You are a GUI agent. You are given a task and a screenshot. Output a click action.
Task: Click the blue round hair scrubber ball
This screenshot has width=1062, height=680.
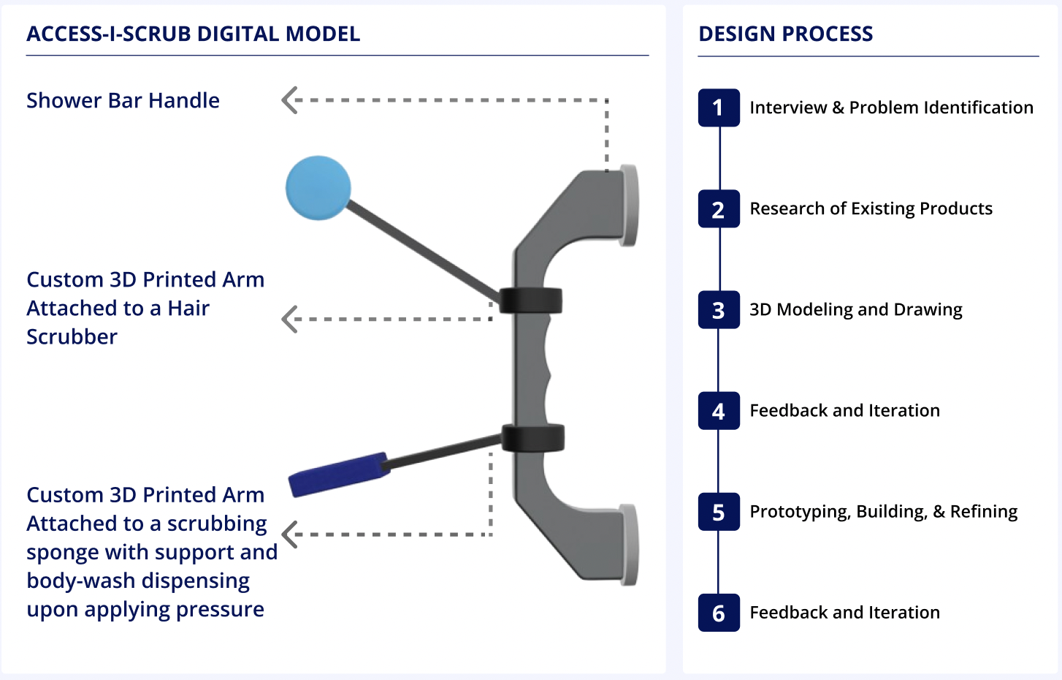(318, 187)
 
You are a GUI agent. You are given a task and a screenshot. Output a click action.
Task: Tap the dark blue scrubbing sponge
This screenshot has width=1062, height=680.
(339, 474)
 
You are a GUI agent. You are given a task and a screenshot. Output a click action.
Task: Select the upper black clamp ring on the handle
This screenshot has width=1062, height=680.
(531, 301)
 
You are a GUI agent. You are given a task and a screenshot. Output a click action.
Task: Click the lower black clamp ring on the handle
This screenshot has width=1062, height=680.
(533, 437)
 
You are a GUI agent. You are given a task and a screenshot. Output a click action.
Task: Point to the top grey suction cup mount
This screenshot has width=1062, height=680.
(629, 205)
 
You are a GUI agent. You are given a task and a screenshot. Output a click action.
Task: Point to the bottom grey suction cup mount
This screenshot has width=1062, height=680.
(629, 545)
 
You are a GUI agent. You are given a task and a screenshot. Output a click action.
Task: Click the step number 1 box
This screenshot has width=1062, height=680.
(719, 108)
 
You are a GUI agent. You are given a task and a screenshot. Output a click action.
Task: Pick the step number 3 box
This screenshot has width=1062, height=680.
(719, 310)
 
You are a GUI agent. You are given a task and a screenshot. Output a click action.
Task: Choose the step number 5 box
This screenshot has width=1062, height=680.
(719, 512)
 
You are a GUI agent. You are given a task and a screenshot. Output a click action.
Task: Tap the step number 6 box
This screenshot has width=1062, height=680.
(719, 613)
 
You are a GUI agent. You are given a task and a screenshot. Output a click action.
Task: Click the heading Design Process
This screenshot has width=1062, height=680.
(785, 34)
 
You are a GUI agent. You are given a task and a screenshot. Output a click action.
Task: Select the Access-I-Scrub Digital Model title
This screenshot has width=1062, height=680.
(193, 34)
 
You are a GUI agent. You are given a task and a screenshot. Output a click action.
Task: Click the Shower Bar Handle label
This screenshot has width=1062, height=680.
(123, 100)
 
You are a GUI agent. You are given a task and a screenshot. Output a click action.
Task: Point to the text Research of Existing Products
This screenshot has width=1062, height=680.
(871, 208)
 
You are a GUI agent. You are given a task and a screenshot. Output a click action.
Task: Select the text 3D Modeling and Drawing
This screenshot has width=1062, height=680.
(855, 309)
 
